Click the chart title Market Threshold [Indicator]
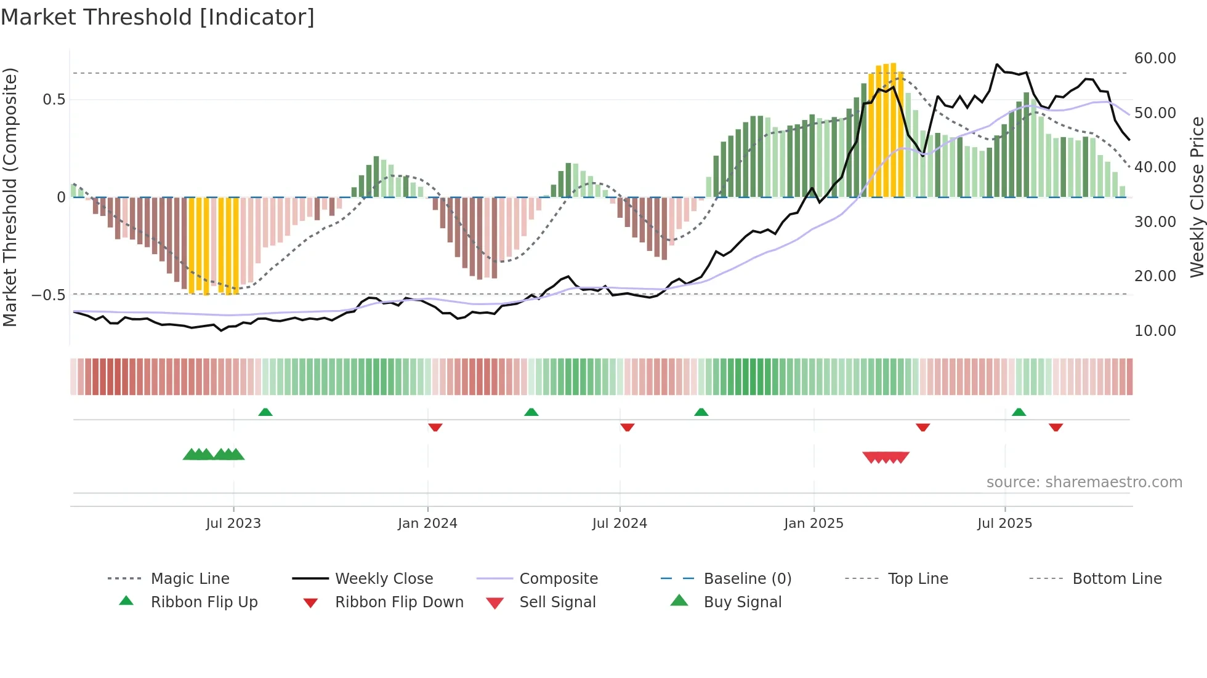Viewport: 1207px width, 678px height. click(x=158, y=17)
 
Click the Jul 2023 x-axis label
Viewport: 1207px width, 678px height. click(x=233, y=524)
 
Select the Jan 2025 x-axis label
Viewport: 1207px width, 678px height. click(x=813, y=524)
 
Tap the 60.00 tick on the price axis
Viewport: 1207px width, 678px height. click(x=1155, y=58)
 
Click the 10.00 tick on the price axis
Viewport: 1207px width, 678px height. click(x=1155, y=331)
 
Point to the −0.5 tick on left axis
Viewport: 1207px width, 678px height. click(x=49, y=295)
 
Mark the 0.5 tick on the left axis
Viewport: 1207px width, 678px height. click(x=54, y=100)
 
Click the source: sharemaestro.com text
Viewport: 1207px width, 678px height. click(x=1084, y=482)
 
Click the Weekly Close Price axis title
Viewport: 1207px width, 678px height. click(x=1197, y=197)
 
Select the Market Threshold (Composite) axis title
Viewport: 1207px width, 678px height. click(x=10, y=197)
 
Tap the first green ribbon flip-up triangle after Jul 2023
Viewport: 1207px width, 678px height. click(x=265, y=412)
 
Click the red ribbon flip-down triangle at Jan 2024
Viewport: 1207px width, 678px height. click(x=435, y=427)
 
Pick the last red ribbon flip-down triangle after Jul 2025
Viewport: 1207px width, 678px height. click(x=1056, y=427)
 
